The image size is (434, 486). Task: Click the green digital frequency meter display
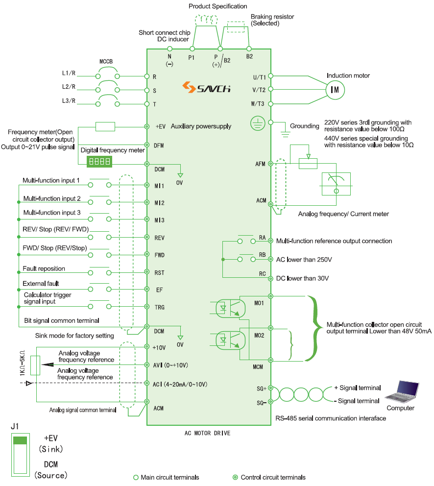click(x=99, y=161)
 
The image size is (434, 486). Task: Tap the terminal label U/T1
click(x=259, y=77)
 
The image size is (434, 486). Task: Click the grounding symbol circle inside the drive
click(x=258, y=123)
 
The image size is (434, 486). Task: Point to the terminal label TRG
click(x=159, y=307)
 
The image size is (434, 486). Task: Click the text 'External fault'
click(x=41, y=284)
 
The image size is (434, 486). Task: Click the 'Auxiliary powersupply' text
click(x=201, y=126)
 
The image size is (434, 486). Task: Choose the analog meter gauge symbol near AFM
click(x=336, y=184)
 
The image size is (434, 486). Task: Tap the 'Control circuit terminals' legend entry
click(x=273, y=477)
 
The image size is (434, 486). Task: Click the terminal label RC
click(x=262, y=273)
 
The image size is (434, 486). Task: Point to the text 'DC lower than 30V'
click(x=302, y=278)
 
